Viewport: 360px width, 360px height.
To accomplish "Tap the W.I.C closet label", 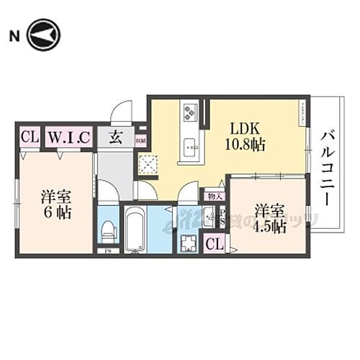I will click(x=69, y=137).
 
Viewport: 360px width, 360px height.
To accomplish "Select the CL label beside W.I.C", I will click(x=29, y=137).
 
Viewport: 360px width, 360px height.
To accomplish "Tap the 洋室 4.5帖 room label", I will click(x=270, y=218).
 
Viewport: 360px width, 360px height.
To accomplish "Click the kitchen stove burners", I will click(x=191, y=112).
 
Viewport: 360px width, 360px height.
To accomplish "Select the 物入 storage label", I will click(x=215, y=195).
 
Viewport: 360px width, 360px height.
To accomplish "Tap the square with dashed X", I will click(x=148, y=165).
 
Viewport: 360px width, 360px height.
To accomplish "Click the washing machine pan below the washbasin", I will click(x=189, y=243).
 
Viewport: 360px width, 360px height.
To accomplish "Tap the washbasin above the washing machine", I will click(x=208, y=215).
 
